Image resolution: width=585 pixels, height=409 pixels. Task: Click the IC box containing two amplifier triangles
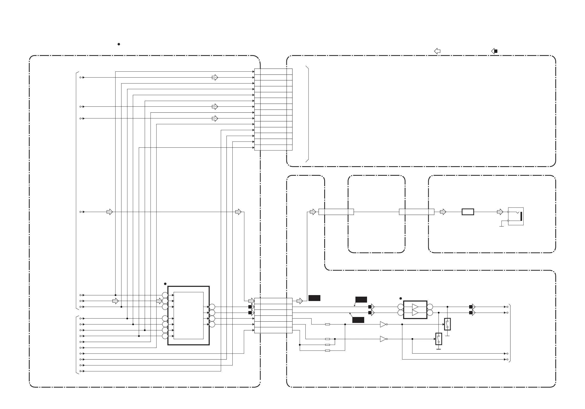pos(415,310)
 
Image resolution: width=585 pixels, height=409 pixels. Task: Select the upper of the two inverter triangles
pos(383,324)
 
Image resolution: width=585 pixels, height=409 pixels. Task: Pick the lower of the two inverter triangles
pos(383,339)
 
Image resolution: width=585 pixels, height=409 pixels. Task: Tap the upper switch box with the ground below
pos(448,324)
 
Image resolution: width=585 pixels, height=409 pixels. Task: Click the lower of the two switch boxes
pos(439,339)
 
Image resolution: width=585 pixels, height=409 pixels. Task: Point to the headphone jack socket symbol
pos(516,216)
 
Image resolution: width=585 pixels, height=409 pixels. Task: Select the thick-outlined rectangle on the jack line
pos(468,212)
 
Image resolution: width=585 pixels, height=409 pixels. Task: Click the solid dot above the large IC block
pos(165,284)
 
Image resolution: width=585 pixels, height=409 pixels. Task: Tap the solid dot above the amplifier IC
pos(401,298)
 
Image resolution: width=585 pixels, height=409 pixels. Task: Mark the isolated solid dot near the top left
pos(119,44)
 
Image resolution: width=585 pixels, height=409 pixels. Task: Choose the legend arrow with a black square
pos(494,51)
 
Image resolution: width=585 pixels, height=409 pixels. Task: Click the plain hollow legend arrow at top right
pos(437,51)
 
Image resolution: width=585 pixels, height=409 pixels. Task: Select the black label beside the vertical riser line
pos(314,298)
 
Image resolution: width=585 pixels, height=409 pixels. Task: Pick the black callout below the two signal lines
pos(358,320)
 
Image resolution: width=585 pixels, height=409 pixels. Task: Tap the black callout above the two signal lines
pos(361,299)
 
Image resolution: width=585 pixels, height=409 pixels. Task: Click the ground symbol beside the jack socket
pos(502,226)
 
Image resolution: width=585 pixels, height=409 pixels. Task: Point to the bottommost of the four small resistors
pos(328,351)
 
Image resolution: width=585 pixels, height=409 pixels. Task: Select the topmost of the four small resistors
pos(328,324)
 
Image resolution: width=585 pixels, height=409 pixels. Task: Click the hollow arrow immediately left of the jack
pos(500,212)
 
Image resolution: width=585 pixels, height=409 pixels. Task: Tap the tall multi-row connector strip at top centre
pos(273,110)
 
